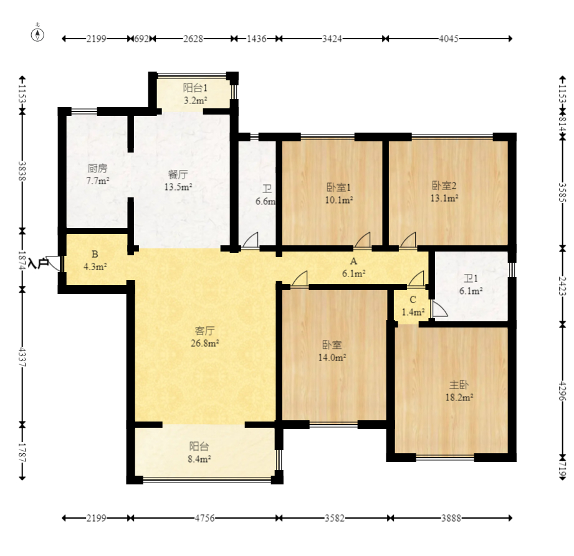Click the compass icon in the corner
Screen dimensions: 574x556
tap(37, 33)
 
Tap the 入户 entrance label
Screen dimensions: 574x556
tap(38, 263)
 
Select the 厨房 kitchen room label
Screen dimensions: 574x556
tap(97, 168)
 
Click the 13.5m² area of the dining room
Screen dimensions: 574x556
tap(178, 187)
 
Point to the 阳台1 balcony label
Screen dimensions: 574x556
tap(195, 88)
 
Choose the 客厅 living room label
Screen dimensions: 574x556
tap(204, 331)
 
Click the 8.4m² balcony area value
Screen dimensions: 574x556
tap(199, 459)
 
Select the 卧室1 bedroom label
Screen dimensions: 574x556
tap(338, 187)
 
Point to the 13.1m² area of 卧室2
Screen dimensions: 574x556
tap(444, 198)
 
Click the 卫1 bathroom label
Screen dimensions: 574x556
tap(471, 279)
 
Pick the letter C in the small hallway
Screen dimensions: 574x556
tap(413, 300)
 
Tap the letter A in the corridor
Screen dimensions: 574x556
tap(353, 261)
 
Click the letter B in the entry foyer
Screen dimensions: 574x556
tap(95, 254)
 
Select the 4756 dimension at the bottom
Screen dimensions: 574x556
tap(204, 518)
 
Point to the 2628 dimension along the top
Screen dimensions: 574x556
tap(193, 39)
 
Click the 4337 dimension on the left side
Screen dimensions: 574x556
tap(22, 357)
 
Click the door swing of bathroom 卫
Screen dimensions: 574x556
tap(251, 240)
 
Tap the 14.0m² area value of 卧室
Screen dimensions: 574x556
tap(332, 357)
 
